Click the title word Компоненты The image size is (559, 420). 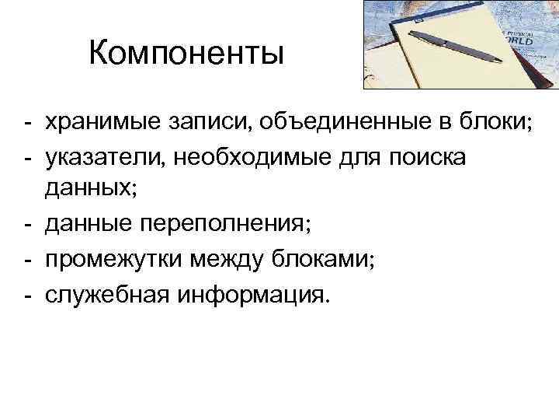tap(187, 54)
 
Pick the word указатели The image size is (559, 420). tap(104, 157)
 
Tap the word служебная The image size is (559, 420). tap(106, 294)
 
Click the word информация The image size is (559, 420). tap(252, 294)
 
